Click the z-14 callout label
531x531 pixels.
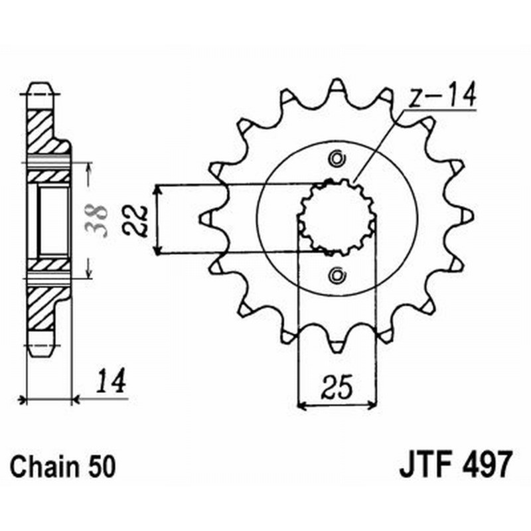(x=441, y=98)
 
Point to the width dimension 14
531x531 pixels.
(x=110, y=383)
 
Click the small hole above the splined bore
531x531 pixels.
(x=337, y=159)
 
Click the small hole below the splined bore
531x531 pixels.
(x=337, y=273)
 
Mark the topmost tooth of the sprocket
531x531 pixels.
(x=337, y=86)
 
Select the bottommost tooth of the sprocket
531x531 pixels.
(x=337, y=346)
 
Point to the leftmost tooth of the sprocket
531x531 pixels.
(x=206, y=216)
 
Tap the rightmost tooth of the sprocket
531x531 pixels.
(x=467, y=216)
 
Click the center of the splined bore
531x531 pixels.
(x=337, y=216)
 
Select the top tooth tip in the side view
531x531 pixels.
(x=39, y=89)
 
